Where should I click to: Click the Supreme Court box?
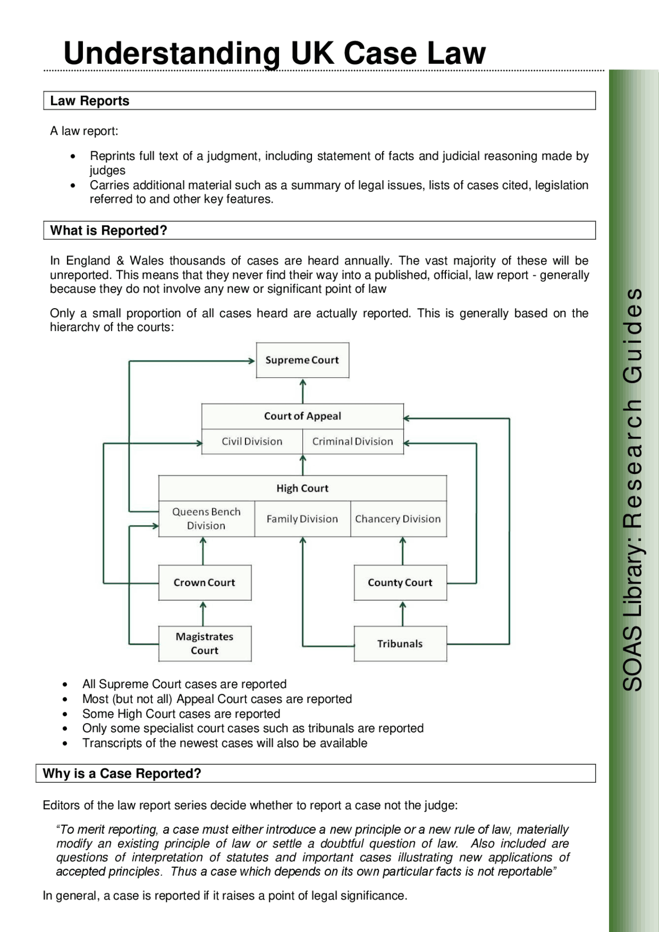pyautogui.click(x=302, y=360)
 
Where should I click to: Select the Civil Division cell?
pyautogui.click(x=252, y=442)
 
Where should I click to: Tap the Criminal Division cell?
pyautogui.click(x=353, y=442)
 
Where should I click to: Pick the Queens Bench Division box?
pyautogui.click(x=206, y=519)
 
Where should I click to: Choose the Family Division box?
pyautogui.click(x=302, y=519)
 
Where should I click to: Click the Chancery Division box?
pyautogui.click(x=398, y=519)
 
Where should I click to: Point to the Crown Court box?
pyautogui.click(x=204, y=583)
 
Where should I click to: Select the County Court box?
pyautogui.click(x=400, y=583)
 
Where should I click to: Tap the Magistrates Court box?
pyautogui.click(x=204, y=643)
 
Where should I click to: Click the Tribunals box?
pyautogui.click(x=400, y=643)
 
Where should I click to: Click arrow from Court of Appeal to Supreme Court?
pyautogui.click(x=303, y=391)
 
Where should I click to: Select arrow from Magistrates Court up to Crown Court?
pyautogui.click(x=203, y=613)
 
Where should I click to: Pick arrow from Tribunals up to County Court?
pyautogui.click(x=403, y=613)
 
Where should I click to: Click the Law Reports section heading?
pyautogui.click(x=90, y=101)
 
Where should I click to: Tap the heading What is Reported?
pyautogui.click(x=109, y=231)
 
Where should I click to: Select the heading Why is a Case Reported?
pyautogui.click(x=122, y=773)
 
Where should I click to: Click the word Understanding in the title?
pyautogui.click(x=171, y=54)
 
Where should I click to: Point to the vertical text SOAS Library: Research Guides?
pyautogui.click(x=633, y=489)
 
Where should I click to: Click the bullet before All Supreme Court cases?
pyautogui.click(x=65, y=685)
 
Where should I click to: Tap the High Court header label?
pyautogui.click(x=302, y=488)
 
